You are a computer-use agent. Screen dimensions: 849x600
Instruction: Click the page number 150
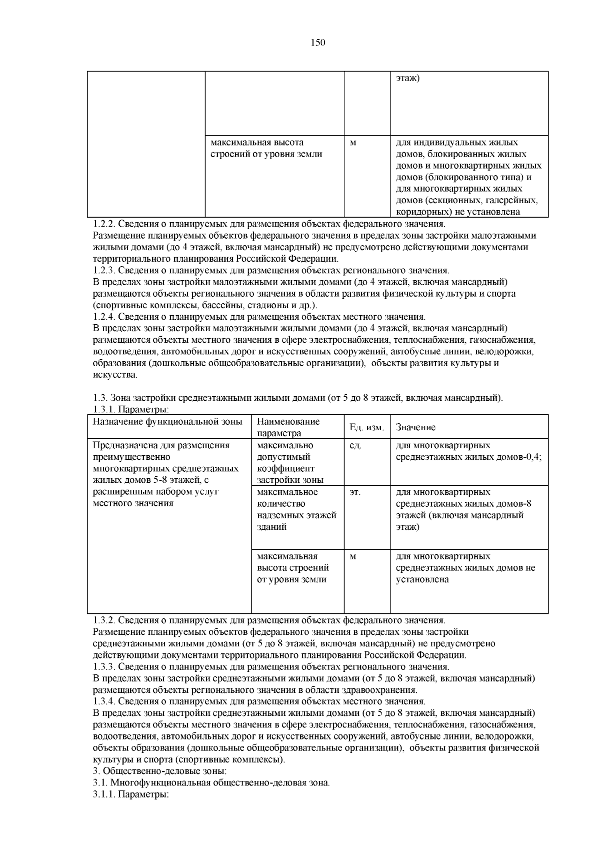(x=318, y=43)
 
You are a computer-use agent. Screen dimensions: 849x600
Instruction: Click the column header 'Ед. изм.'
(x=366, y=428)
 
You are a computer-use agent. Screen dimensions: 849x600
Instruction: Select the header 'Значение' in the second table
(x=415, y=428)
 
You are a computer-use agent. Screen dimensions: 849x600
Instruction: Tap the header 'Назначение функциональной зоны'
(x=167, y=422)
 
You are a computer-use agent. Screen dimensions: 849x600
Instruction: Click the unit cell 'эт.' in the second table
(x=355, y=492)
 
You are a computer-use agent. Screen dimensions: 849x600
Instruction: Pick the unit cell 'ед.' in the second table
(x=355, y=446)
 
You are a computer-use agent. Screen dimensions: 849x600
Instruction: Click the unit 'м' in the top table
(x=353, y=143)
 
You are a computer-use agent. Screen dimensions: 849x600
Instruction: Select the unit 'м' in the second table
(x=353, y=557)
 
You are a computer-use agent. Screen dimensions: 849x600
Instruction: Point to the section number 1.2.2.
(x=104, y=224)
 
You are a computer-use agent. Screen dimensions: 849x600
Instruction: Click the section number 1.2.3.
(x=104, y=271)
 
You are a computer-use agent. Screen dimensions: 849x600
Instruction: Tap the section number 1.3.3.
(x=104, y=667)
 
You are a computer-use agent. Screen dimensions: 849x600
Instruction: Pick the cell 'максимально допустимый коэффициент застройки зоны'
(x=290, y=463)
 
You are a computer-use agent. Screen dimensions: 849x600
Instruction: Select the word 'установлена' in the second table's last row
(x=422, y=580)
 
